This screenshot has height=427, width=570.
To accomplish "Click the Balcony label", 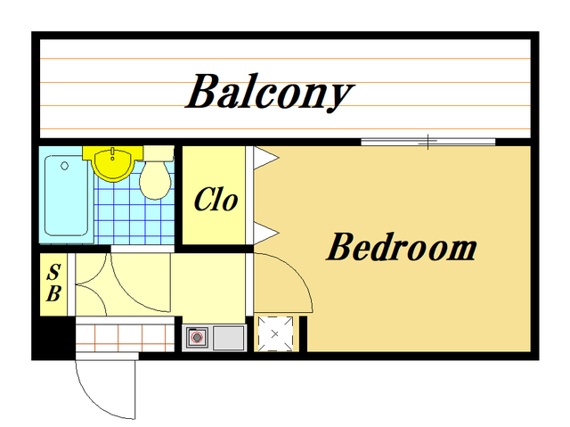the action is [270, 92].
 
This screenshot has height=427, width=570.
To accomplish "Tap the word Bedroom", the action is [402, 247].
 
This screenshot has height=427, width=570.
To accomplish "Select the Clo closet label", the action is [216, 200].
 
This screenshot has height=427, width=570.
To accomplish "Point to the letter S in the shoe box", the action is [53, 272].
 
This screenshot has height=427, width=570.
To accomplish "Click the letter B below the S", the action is [53, 293].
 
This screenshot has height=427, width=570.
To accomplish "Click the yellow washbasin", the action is [112, 164].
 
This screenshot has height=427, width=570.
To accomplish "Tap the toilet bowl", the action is [155, 181].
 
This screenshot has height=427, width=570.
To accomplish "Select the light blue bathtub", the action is [67, 196].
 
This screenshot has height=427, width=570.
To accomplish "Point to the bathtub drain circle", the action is [65, 166].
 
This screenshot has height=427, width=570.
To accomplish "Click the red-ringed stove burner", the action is [198, 338].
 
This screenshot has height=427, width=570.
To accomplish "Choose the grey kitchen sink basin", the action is [228, 338].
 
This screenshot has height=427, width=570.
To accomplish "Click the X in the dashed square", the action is [275, 333].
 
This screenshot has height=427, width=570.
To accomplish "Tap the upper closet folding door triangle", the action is [265, 158].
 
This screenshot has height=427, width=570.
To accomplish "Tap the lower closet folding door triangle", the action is [265, 233].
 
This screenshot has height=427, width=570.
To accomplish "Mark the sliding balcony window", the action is [427, 142].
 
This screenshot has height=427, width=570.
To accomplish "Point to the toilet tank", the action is [159, 153].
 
